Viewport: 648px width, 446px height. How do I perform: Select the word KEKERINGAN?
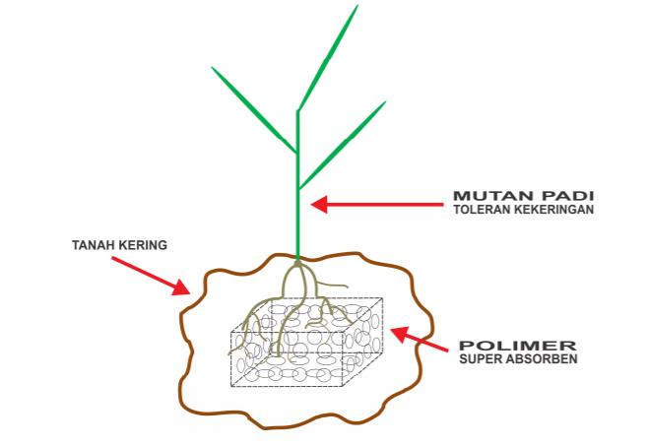(x=553, y=209)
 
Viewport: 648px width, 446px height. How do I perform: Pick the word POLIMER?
(x=518, y=346)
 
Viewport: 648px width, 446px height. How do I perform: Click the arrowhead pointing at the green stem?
(x=319, y=204)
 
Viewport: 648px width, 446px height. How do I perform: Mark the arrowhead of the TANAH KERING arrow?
(x=181, y=287)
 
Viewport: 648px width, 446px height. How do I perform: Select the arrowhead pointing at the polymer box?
(x=399, y=334)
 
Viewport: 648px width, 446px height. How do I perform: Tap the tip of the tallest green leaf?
(x=357, y=5)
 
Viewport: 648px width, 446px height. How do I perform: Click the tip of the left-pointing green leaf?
(x=212, y=67)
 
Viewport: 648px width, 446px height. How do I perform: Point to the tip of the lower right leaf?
(x=385, y=101)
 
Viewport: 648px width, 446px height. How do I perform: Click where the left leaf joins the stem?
(x=296, y=153)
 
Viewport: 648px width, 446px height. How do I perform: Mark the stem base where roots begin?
(x=296, y=261)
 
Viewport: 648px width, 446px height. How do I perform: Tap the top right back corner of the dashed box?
(x=382, y=298)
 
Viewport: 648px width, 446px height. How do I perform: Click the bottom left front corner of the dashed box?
(x=231, y=387)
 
